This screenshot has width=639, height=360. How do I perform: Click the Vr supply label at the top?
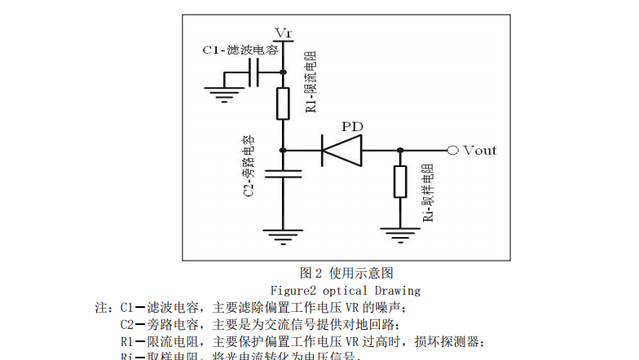click(283, 33)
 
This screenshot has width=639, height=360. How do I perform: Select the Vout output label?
click(479, 150)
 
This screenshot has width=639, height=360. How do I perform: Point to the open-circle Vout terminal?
click(452, 150)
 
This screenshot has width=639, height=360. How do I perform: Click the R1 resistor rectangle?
click(283, 103)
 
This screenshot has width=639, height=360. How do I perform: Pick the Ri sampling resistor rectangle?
click(399, 182)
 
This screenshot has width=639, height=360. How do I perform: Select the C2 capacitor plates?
click(283, 173)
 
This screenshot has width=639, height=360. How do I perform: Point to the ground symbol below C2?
click(283, 238)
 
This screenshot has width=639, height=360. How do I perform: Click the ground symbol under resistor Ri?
click(399, 236)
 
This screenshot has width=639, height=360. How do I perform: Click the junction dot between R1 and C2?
click(283, 150)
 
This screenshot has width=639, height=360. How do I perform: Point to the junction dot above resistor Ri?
click(399, 150)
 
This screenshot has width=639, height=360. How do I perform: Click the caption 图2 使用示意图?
click(346, 273)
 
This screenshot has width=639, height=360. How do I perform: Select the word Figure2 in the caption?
click(294, 290)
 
